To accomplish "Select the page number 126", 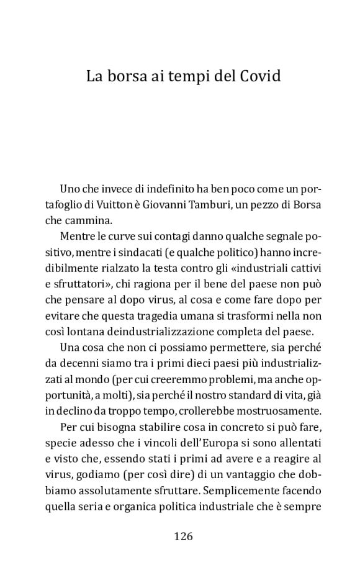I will [x=184, y=536].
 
